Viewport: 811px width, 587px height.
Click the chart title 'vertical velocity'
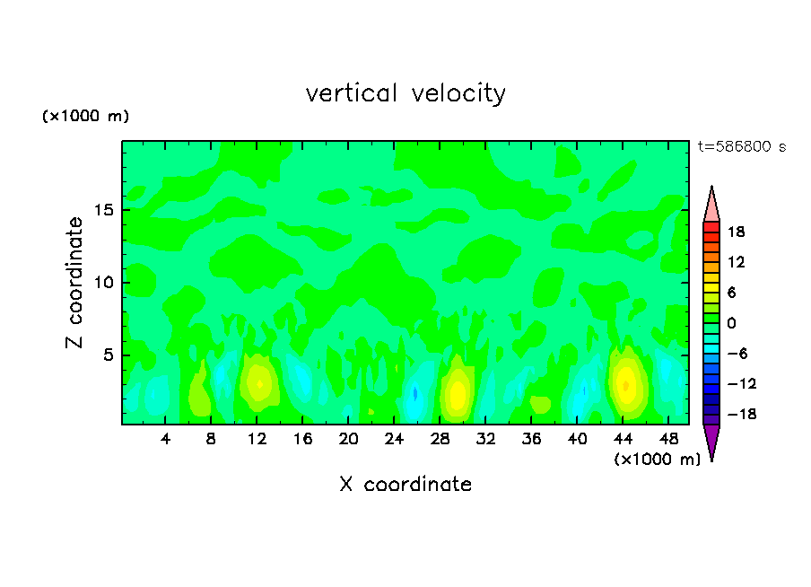click(405, 93)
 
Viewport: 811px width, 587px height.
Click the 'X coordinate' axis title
click(405, 485)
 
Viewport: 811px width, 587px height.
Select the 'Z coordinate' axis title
click(75, 283)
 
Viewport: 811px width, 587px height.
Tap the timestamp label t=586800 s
click(741, 146)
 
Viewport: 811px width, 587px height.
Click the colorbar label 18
click(738, 232)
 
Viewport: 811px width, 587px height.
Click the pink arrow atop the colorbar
click(711, 205)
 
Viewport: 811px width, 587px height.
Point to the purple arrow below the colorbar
click(711, 441)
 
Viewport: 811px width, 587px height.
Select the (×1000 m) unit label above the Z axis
click(85, 117)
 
